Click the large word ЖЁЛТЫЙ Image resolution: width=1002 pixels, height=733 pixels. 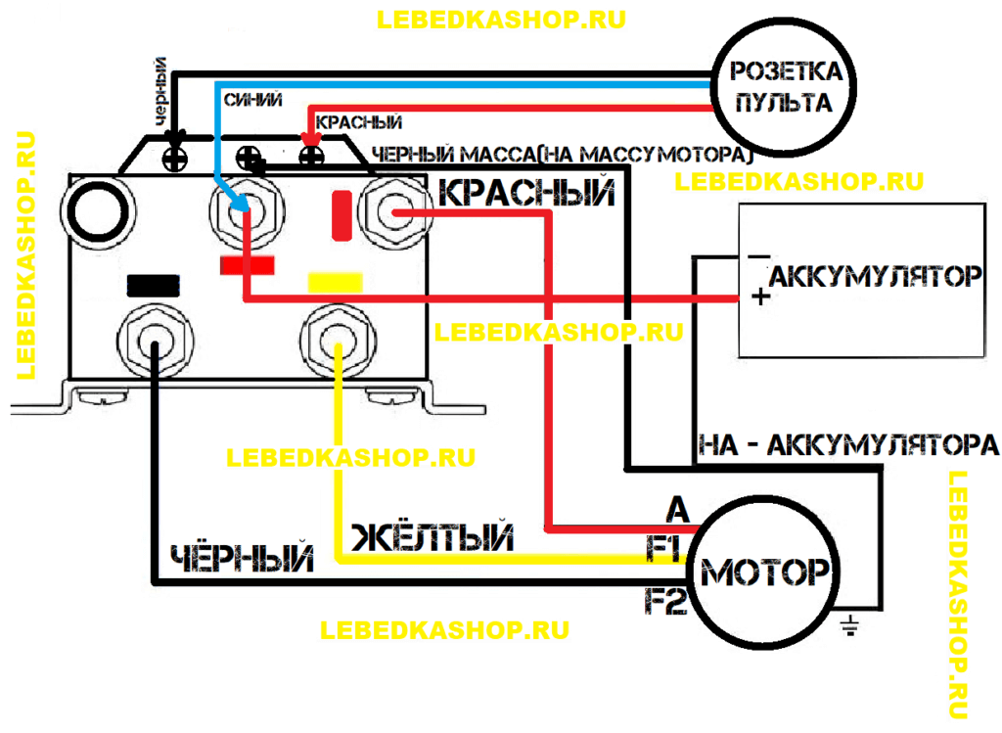point(432,537)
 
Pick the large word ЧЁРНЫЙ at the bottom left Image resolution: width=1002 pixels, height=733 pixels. point(243,559)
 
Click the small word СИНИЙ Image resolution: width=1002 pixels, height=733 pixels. point(253,99)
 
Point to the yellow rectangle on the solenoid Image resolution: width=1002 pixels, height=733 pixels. point(335,282)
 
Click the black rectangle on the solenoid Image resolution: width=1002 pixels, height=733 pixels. point(154,284)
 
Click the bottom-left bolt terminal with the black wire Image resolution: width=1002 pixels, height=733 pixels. point(153,339)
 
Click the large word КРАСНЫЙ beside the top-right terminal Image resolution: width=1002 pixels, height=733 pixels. point(526,193)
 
